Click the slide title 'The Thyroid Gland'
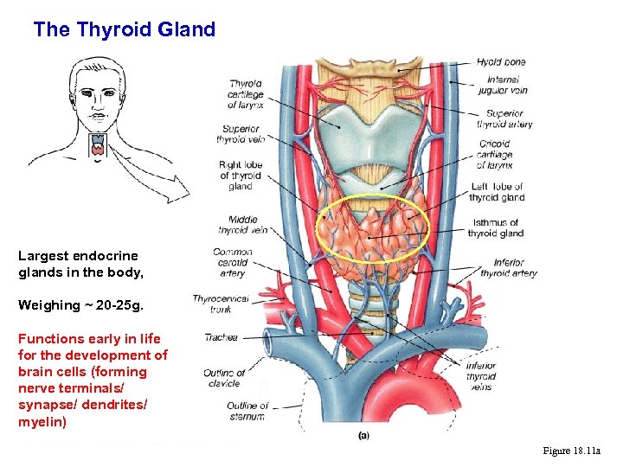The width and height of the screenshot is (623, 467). click(124, 29)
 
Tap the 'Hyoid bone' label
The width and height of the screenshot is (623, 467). click(501, 62)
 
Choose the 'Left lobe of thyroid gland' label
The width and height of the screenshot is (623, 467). click(497, 192)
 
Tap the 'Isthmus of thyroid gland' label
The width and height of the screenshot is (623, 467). click(496, 227)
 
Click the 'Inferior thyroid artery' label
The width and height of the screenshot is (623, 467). click(509, 268)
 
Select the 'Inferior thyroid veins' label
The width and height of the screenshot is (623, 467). click(481, 376)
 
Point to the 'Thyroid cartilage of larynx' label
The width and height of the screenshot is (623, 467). click(246, 94)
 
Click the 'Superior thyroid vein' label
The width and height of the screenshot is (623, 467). click(238, 134)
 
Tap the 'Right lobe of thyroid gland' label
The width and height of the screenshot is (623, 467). click(241, 176)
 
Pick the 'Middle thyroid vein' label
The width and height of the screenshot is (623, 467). click(243, 225)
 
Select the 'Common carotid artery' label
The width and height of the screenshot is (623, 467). click(232, 263)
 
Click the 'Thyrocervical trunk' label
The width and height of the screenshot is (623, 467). click(221, 304)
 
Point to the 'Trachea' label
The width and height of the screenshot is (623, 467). click(221, 337)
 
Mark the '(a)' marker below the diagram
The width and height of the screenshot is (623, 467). click(364, 435)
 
